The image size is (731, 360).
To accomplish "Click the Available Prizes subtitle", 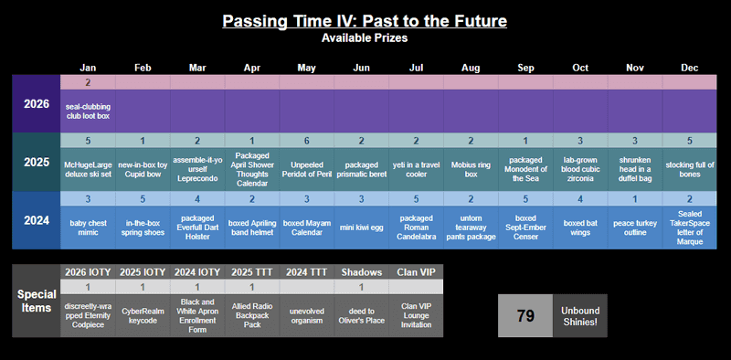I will click(365, 38).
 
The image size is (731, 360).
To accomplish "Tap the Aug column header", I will click(470, 68).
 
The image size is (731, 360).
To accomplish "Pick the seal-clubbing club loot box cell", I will click(89, 111).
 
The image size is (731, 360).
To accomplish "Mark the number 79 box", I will click(525, 316).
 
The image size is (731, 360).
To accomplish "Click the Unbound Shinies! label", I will click(579, 316).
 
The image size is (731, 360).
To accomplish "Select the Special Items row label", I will click(37, 302).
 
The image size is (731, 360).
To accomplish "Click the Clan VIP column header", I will click(416, 271).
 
